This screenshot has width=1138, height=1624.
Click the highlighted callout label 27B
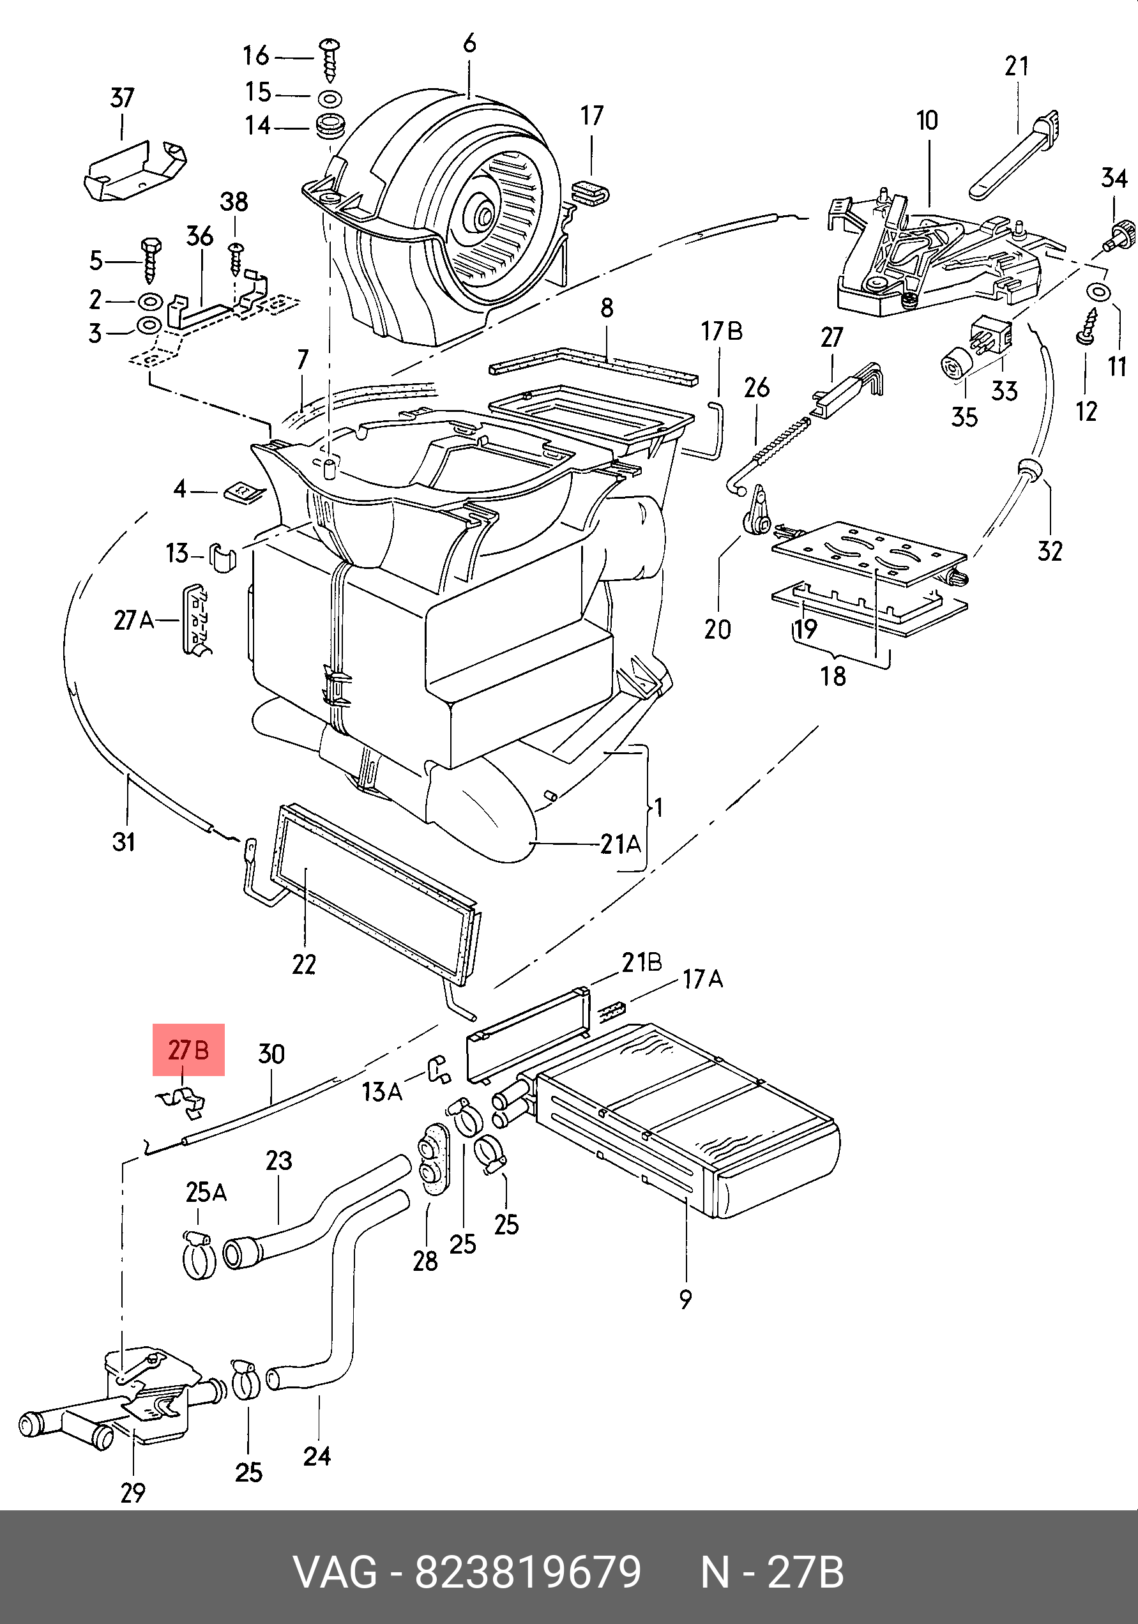pos(188,1050)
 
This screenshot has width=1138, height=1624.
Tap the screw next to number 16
pos(329,61)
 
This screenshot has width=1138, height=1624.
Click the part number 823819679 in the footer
pos(527,1573)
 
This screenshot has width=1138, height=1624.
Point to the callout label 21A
pos(620,844)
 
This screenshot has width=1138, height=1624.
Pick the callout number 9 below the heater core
pos(685,1300)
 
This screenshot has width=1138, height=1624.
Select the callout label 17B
pos(722,331)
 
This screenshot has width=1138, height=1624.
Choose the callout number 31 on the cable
pos(124,842)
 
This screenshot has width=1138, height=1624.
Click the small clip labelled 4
pos(244,492)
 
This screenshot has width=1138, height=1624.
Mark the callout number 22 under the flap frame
pos(304,964)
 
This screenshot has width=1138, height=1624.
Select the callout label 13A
pos(382,1092)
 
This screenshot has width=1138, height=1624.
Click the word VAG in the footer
pos(335,1573)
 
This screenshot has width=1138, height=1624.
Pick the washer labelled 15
pos(330,97)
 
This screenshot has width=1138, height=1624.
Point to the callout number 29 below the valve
pos(133,1493)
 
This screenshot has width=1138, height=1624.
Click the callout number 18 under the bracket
pos(833,676)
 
